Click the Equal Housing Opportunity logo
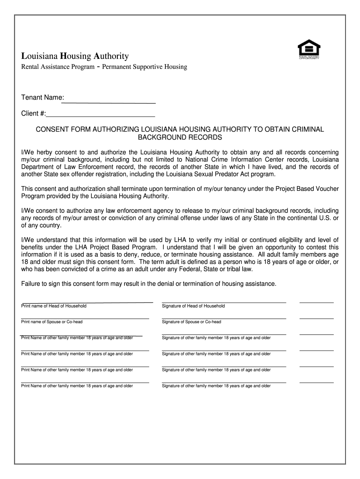pos(309,50)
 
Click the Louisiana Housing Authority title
pos(75,56)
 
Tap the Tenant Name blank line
pos(110,102)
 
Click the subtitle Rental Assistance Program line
pos(104,67)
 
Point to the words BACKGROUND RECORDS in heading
pos(180,138)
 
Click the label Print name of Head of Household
pos(54,306)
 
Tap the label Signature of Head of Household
pos(193,306)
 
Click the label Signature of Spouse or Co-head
pos(191,322)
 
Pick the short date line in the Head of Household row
pos(317,303)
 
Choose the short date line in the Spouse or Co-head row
pos(317,319)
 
